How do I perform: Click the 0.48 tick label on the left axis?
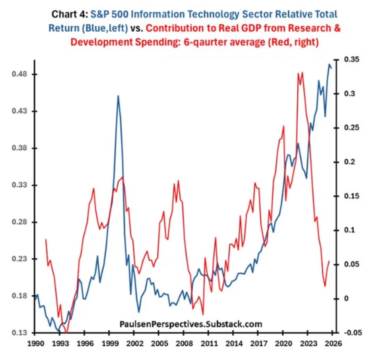19,74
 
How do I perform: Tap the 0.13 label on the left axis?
19,333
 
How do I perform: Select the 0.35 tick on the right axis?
351,59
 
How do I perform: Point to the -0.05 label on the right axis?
353,333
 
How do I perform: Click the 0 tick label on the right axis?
346,299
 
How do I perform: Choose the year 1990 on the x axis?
35,343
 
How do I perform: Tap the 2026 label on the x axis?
333,343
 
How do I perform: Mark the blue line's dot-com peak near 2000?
118,96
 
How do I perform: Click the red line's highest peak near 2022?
302,73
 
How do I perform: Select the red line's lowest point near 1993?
66,332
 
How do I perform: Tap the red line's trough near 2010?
203,315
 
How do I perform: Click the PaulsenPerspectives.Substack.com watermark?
191,324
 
